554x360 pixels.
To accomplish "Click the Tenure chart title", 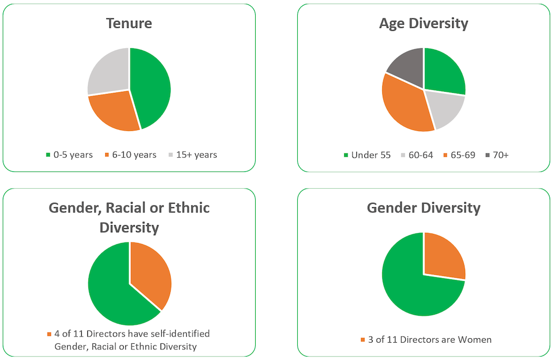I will [x=129, y=24].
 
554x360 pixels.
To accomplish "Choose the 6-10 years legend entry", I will [x=130, y=155].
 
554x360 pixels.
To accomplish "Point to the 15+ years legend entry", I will [x=193, y=155].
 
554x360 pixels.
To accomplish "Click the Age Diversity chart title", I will [x=424, y=24].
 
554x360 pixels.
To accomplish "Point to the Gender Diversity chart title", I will [x=424, y=208].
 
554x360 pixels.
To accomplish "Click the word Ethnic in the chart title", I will [x=185, y=208].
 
